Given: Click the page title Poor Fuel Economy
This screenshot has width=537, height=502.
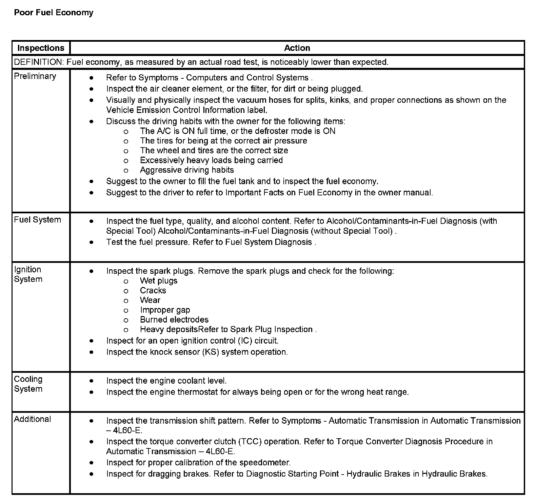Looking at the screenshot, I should coord(54,13).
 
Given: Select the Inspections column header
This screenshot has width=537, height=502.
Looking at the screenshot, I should coord(41,48).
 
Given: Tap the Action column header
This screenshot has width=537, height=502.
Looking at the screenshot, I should coord(297,48).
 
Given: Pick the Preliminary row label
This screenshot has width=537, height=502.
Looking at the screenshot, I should coord(35,76).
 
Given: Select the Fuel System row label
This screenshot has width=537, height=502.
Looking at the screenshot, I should coord(37,220).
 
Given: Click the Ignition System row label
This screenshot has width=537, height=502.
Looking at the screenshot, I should coord(28,274).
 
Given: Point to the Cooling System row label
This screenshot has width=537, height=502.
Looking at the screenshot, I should coord(28,384).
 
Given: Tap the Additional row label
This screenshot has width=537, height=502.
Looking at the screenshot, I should coord(33,419).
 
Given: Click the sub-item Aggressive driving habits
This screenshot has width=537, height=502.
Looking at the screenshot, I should coord(187,170).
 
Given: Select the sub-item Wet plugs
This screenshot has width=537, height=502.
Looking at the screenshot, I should coord(159,281).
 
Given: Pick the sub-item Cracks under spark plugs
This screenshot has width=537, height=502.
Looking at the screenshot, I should coord(153,291).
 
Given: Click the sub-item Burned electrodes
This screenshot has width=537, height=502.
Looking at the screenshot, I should coord(174,320).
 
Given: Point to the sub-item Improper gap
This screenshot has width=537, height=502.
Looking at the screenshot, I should coord(165,310).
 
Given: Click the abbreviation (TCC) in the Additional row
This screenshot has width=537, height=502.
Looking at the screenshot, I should coord(250,442).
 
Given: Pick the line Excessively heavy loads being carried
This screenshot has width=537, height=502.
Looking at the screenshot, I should coord(211,160).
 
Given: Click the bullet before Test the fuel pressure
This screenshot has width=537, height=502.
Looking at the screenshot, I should coord(92,242).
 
